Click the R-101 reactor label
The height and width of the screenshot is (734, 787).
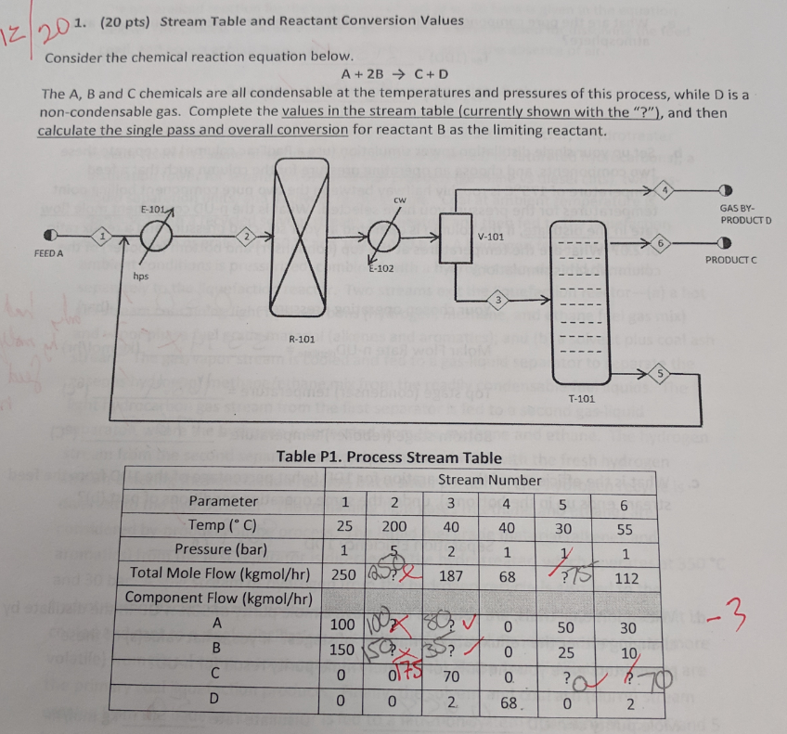tap(303, 340)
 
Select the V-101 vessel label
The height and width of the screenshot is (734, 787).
tap(491, 237)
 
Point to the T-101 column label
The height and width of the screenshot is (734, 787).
tap(581, 397)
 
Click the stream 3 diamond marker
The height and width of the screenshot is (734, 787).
tap(498, 299)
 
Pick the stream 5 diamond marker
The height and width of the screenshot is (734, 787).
tap(662, 373)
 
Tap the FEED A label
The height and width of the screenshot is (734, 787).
tap(48, 254)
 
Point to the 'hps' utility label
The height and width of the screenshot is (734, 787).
tap(140, 276)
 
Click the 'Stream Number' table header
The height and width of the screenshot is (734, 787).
tap(489, 480)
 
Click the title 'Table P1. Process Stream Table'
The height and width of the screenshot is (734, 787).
tap(390, 457)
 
